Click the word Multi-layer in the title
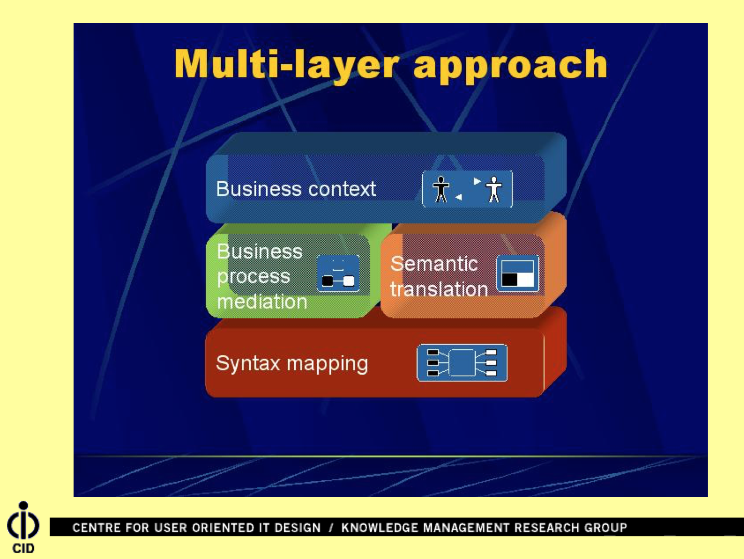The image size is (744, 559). coord(287,65)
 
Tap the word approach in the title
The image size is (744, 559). coord(510,66)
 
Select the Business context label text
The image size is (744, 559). coord(296,188)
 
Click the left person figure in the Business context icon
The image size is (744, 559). coord(441,189)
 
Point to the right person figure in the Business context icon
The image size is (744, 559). coord(494,189)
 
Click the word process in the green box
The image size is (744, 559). coord(253,277)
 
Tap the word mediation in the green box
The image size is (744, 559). coord(262,301)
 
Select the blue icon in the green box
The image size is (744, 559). coord(338,273)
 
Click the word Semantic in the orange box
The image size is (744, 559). coord(434,263)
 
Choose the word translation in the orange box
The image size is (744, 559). coord(439,289)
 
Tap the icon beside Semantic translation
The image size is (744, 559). coord(518,273)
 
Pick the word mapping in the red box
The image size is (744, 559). coord(327,364)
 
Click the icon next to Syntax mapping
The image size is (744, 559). coord(462,363)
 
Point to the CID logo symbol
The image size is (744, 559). coord(23,520)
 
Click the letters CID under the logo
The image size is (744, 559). coord(23,548)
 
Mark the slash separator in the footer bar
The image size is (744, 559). coord(331,527)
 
